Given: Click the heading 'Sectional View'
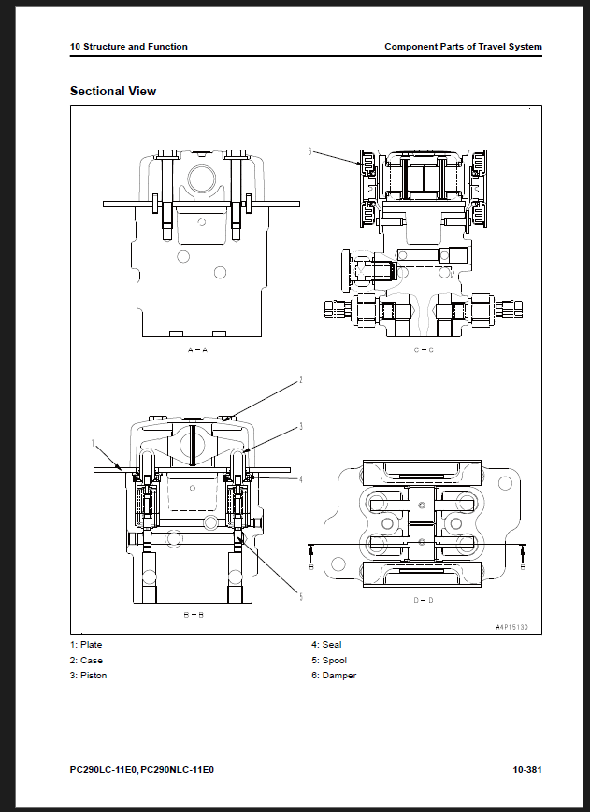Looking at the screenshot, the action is click(x=113, y=92).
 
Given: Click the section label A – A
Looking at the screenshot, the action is click(x=197, y=350).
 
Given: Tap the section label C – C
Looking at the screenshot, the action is click(x=424, y=350).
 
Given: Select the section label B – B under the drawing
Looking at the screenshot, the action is click(x=194, y=615).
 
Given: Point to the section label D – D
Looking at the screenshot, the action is click(x=424, y=600).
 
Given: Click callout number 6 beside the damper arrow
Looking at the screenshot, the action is click(x=309, y=151).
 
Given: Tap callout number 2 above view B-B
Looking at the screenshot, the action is click(x=300, y=380).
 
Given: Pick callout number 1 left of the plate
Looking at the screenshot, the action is click(x=94, y=443).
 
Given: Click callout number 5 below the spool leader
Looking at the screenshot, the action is click(x=301, y=596).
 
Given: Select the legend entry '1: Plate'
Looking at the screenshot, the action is click(x=86, y=645).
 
